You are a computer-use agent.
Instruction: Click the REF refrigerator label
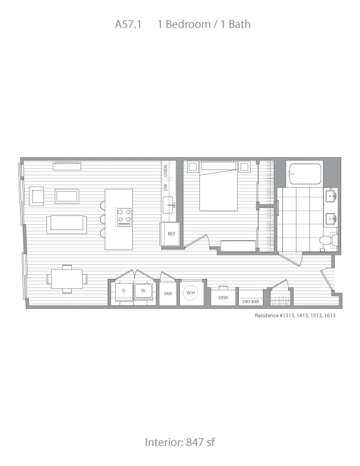[171, 234]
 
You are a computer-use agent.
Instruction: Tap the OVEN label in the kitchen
[165, 171]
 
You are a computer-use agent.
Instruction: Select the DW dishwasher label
[165, 187]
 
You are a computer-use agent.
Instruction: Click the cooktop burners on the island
[125, 216]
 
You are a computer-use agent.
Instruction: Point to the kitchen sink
[168, 205]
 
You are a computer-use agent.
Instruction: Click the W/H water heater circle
[191, 293]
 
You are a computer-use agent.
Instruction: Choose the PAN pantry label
[168, 294]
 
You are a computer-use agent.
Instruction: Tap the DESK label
[223, 298]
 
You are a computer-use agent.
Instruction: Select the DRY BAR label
[251, 301]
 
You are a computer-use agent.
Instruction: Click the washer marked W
[144, 291]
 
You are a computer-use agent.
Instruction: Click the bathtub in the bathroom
[305, 174]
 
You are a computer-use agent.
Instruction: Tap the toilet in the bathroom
[328, 240]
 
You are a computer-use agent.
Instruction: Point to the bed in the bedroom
[218, 186]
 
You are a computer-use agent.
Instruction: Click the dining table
[67, 279]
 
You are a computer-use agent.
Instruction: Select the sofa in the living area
[66, 225]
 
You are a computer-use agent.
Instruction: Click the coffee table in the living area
[67, 196]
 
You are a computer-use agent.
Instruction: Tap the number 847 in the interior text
[195, 442]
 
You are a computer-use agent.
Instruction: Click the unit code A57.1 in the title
[128, 24]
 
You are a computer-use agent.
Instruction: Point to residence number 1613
[329, 315]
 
